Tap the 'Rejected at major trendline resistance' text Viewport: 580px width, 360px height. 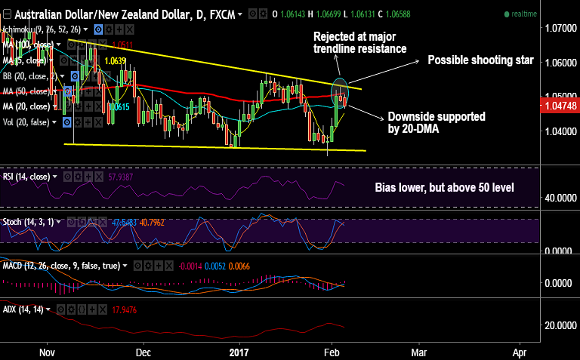[360, 42]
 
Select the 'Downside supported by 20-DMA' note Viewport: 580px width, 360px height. [437, 123]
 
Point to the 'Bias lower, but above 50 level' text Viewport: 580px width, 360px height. [444, 186]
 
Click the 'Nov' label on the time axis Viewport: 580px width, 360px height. [47, 352]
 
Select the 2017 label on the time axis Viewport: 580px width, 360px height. [239, 352]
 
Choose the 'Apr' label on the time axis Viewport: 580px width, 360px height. [520, 352]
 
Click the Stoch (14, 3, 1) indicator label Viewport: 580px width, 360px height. [30, 223]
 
